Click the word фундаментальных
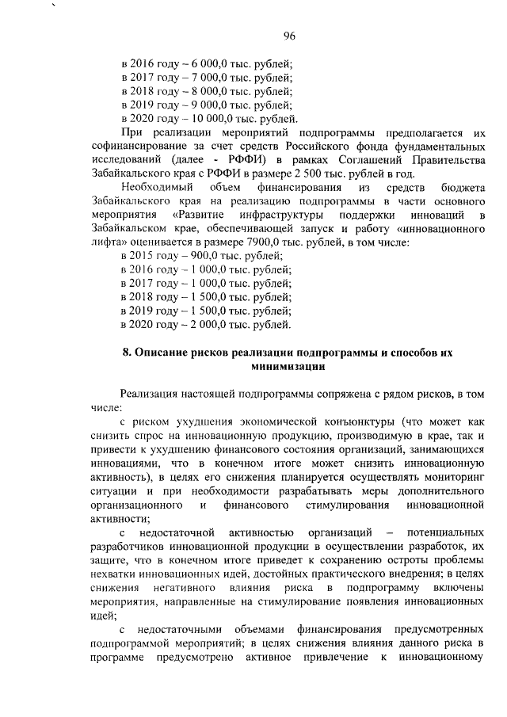pos(442,147)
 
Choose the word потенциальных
pos(442,530)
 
